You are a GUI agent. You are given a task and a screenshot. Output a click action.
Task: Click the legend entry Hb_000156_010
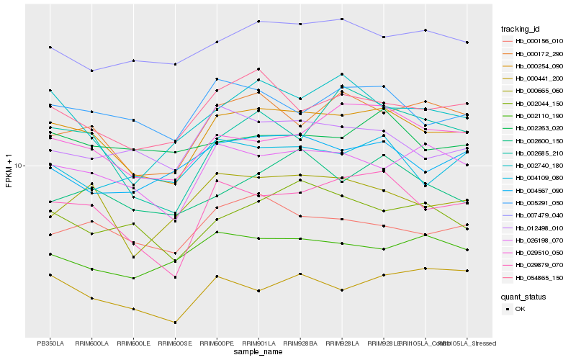pyautogui.click(x=538, y=42)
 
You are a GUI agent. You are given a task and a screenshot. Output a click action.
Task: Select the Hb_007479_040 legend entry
pyautogui.click(x=538, y=215)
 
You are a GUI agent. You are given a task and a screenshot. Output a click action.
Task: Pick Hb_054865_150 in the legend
pyautogui.click(x=538, y=277)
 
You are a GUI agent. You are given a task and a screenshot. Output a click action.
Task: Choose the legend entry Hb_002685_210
pyautogui.click(x=538, y=153)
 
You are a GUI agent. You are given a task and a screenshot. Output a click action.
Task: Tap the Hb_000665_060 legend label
pyautogui.click(x=538, y=91)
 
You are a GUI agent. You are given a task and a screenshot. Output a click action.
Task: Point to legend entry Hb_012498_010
pyautogui.click(x=538, y=228)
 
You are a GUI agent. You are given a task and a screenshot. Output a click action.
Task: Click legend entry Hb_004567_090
pyautogui.click(x=538, y=190)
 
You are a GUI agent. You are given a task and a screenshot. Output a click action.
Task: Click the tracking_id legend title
pyautogui.click(x=522, y=29)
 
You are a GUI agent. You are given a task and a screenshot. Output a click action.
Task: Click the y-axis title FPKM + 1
pyautogui.click(x=9, y=171)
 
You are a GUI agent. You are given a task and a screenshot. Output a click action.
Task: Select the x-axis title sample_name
pyautogui.click(x=258, y=352)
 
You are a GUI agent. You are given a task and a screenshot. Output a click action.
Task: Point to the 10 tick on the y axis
pyautogui.click(x=20, y=166)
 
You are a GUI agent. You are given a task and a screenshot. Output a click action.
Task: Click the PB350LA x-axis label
pyautogui.click(x=50, y=343)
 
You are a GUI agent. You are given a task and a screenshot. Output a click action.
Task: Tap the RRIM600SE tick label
pyautogui.click(x=175, y=343)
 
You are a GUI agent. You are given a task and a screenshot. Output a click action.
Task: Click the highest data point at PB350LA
pyautogui.click(x=50, y=48)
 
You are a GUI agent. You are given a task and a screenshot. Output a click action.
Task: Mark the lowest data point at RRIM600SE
pyautogui.click(x=175, y=322)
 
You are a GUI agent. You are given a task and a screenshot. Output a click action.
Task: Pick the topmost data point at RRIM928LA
pyautogui.click(x=342, y=19)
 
